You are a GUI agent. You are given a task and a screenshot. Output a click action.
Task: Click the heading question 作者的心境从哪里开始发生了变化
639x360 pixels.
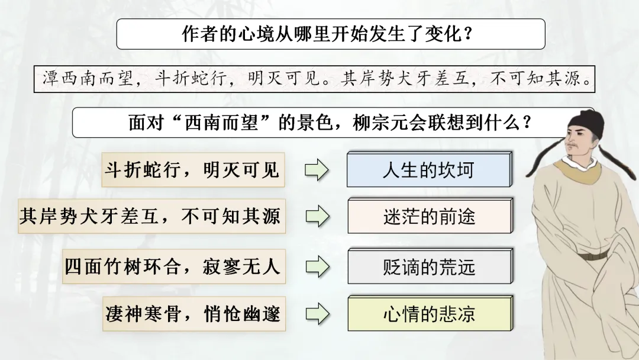[330, 34]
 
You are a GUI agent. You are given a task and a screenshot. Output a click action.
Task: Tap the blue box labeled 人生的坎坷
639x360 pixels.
[428, 170]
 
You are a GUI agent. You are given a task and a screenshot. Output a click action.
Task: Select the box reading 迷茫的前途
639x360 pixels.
[429, 217]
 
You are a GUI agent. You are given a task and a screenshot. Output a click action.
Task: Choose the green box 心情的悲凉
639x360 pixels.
[429, 314]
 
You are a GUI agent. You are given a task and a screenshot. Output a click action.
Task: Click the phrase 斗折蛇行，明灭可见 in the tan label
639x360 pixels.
[191, 170]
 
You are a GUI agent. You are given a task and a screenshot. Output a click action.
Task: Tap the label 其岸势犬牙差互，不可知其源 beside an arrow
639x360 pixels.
[149, 217]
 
